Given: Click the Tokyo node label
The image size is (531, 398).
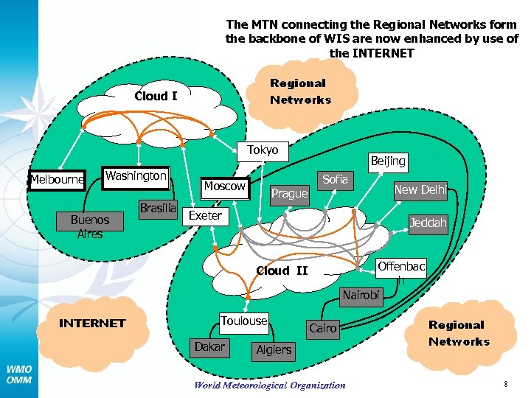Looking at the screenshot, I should click(263, 150).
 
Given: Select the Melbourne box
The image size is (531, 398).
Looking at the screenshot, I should click(57, 179).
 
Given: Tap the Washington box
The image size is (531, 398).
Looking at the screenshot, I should click(135, 176).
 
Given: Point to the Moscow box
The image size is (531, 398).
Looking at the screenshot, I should click(224, 186).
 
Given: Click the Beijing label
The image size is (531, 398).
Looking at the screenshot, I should click(388, 161).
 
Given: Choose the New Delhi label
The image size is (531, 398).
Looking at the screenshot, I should click(420, 190).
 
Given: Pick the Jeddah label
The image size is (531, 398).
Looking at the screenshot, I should click(428, 223).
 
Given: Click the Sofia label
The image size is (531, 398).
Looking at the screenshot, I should click(335, 179).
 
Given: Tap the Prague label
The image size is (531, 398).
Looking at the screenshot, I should click(289, 194).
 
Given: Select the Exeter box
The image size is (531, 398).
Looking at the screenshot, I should click(205, 216).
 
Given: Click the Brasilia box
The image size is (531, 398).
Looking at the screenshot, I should click(158, 209).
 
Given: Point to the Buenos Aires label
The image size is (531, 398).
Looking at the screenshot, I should click(89, 226).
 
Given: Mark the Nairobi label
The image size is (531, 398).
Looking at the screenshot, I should click(361, 296).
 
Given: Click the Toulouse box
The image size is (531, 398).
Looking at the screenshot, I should click(244, 321).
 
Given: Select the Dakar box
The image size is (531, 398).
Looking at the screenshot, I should click(209, 346).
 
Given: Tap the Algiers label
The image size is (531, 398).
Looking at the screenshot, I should click(274, 349).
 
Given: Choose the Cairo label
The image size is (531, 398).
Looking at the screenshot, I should click(322, 328).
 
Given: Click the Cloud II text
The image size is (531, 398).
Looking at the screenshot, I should click(282, 270).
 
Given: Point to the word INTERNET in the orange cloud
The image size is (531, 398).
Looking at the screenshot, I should click(92, 323).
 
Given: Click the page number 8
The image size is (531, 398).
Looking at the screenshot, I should click(506, 384).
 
